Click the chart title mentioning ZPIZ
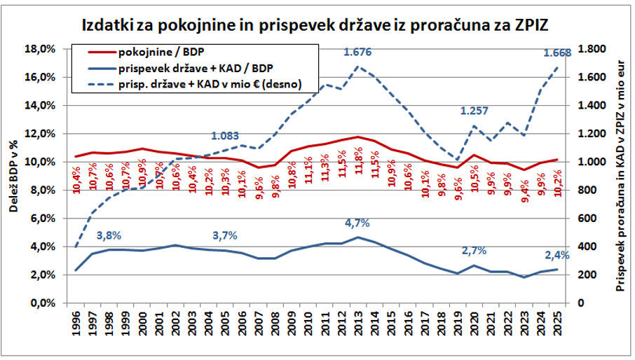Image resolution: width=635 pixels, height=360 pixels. [315, 25]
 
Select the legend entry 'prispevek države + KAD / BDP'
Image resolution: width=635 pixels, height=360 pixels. [181, 69]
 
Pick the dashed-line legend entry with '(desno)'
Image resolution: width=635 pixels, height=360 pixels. [195, 85]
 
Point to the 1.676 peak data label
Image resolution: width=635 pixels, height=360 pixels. [357, 52]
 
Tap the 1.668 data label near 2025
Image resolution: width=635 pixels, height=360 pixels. [557, 53]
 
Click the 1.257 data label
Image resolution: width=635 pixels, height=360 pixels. [474, 111]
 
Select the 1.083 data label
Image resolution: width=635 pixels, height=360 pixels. [225, 136]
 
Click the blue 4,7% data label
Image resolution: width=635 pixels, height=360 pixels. [357, 223]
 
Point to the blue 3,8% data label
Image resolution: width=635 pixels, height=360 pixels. [109, 235]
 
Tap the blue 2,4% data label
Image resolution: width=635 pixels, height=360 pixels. [557, 255]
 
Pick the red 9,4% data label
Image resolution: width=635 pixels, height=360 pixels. [524, 191]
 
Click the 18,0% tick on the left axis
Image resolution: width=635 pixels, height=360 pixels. [40, 49]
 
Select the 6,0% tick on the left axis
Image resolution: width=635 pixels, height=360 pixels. [43, 219]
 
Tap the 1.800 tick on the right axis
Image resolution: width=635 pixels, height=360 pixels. [592, 49]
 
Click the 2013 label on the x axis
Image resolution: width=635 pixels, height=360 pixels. [358, 323]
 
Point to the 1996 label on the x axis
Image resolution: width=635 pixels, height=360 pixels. [76, 323]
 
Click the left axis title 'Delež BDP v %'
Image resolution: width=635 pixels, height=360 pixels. [13, 176]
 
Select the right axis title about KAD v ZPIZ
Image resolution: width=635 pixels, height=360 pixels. [620, 176]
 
